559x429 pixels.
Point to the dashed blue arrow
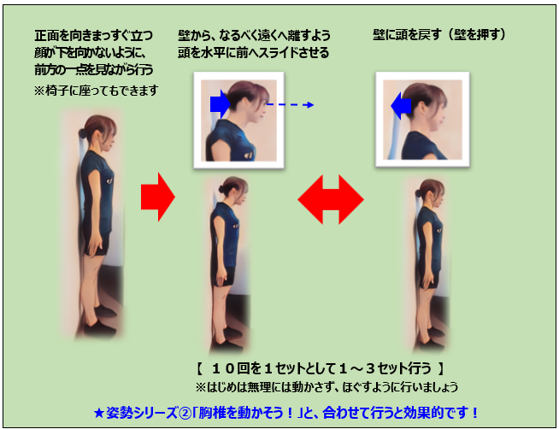tap(291, 105)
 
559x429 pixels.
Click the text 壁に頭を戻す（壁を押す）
tap(439, 35)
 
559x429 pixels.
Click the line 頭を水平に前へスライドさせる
tap(254, 53)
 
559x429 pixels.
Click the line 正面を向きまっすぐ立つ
tap(94, 36)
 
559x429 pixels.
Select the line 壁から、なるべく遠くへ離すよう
tap(254, 36)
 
